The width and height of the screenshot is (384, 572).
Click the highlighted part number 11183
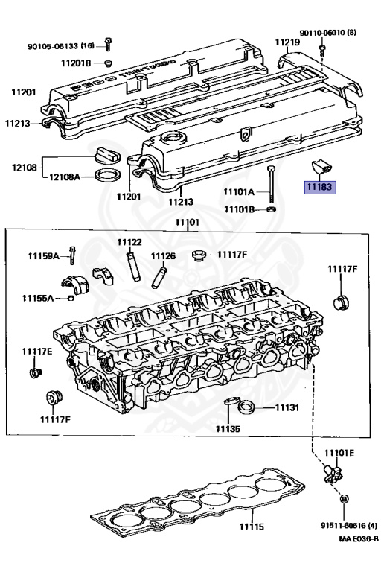click(320, 187)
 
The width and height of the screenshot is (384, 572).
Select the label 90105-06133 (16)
click(61, 46)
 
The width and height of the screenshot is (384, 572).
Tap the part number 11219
click(287, 42)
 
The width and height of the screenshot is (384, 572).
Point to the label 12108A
click(65, 177)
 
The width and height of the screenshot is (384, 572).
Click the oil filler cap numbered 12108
click(107, 156)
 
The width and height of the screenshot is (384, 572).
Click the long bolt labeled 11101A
click(271, 184)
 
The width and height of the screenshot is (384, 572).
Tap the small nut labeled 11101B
click(271, 209)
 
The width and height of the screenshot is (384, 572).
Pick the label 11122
click(129, 242)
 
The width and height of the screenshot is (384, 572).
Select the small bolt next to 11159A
click(72, 255)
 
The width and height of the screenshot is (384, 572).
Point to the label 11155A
click(38, 299)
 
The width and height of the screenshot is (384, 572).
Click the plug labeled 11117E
click(35, 373)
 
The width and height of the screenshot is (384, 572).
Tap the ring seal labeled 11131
click(246, 407)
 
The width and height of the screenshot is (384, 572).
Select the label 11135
click(228, 429)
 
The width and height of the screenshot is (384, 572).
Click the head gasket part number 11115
click(252, 527)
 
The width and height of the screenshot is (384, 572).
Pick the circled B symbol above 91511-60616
click(344, 498)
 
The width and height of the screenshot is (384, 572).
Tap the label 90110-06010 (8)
click(328, 33)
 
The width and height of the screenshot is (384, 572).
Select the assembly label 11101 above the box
click(188, 222)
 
